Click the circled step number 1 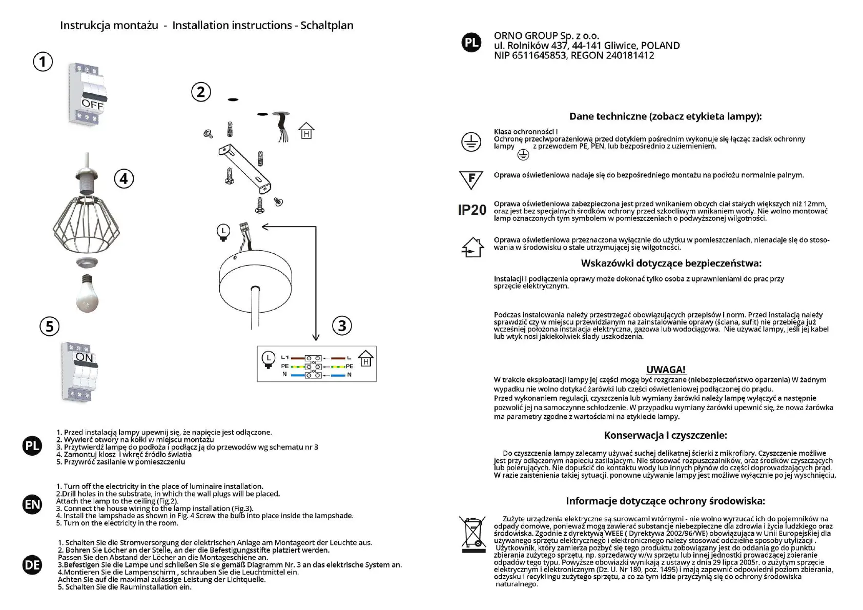point(43,62)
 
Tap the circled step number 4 point(124,179)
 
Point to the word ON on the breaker point(85,357)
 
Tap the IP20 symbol point(471,210)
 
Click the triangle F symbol point(471,179)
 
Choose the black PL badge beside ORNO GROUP point(471,43)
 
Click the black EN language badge point(32,504)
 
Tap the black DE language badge point(32,565)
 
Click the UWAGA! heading point(665,370)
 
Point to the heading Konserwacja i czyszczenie point(665,435)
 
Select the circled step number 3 point(342,326)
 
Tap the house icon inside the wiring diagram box point(365,359)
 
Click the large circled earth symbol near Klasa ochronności point(471,142)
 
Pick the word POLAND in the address point(661,46)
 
